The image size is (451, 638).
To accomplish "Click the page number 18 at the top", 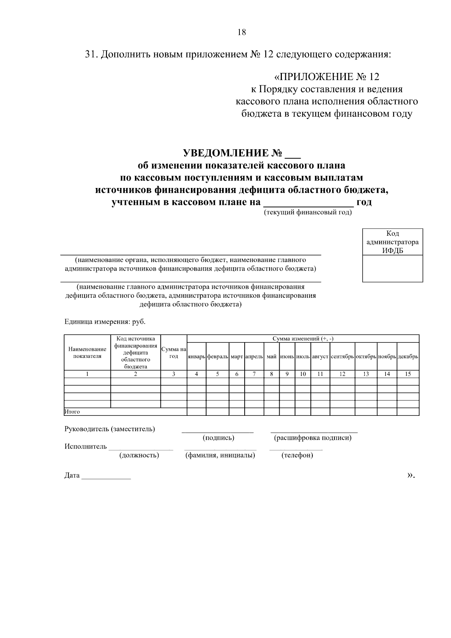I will pos(242,32).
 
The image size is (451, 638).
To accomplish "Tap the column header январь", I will pos(196,356).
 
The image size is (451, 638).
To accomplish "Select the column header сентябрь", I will pos(342,356).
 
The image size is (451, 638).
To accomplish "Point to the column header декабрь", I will pos(408,356).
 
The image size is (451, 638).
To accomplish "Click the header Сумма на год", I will pos(174,353).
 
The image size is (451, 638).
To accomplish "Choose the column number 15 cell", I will pos(408,374).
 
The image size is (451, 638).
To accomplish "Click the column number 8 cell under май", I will pos(271,374).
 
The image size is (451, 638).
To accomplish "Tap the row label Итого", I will pos(72,412).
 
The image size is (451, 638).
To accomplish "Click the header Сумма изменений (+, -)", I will pos(303,339).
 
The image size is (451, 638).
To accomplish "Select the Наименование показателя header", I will pos(87,353).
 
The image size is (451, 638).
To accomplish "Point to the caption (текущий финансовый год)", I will pos(308,212).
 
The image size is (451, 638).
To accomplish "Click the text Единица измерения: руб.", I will pos(105,322).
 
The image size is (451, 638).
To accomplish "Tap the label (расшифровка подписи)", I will pos(313,438).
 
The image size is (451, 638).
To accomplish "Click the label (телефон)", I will pos(297,456).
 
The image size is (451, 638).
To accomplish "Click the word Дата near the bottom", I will pos(72,476).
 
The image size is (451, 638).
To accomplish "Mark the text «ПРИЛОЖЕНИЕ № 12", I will pos(327,77).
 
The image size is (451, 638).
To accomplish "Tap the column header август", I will pos(320,356).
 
